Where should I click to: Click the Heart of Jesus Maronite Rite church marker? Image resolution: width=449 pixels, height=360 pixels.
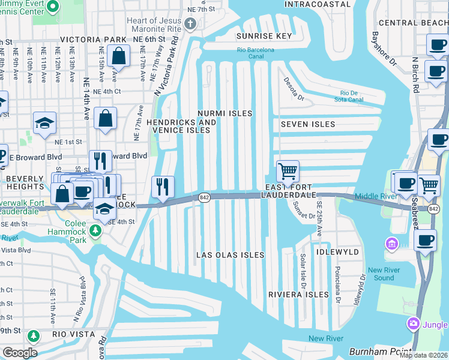click(190, 24)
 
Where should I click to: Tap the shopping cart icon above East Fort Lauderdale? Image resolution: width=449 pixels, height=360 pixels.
click(288, 171)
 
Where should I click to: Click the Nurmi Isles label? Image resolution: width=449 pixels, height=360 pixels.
click(225, 113)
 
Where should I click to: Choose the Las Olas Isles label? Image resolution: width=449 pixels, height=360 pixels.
click(231, 255)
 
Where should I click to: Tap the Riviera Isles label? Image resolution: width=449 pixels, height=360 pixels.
click(298, 295)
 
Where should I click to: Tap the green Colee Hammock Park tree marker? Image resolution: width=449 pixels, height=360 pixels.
click(94, 230)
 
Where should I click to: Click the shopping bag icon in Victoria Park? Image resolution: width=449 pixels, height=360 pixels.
click(119, 57)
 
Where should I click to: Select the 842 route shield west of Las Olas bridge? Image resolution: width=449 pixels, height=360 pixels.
click(205, 198)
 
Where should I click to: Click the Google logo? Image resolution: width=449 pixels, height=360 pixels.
click(19, 353)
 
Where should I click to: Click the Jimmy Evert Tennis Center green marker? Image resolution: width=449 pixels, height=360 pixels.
click(52, 7)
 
